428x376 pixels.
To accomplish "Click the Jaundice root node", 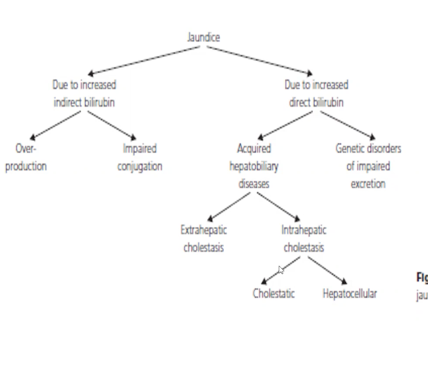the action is coord(204,37).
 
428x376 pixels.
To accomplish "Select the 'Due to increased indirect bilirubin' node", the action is coord(84,93).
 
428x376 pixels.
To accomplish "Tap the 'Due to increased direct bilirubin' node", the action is coord(316,93).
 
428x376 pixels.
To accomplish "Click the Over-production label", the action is coord(26,157).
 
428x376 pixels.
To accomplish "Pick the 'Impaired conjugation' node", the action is coord(140,157).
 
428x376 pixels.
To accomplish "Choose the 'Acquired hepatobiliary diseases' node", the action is coord(254,166).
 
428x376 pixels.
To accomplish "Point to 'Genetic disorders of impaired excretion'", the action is coord(368,166).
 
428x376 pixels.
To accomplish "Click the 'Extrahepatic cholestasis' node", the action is coord(204,239).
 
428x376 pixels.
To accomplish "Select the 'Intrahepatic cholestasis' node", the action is coord(304,239).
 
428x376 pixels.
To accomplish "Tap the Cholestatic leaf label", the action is coord(273,293).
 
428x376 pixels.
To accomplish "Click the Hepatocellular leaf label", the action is coord(349,293).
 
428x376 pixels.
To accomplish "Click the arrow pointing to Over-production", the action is coord(55,125).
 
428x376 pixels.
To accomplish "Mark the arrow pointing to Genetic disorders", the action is coord(348,125).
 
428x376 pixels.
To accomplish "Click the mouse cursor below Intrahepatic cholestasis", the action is coord(281,270).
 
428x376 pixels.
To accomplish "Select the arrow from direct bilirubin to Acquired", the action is coord(285,125).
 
